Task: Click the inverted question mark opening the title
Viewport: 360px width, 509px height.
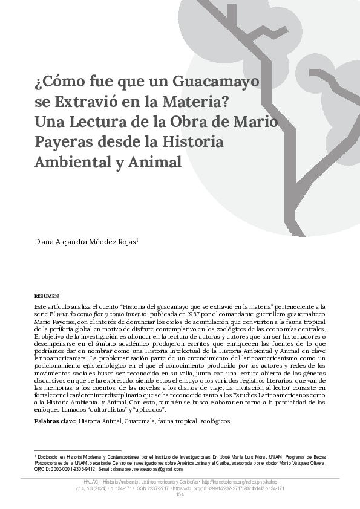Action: pos(39,81)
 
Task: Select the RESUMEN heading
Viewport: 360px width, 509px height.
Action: pos(47,296)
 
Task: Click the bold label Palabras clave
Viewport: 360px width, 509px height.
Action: pos(55,420)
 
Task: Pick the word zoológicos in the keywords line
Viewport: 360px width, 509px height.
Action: pos(212,420)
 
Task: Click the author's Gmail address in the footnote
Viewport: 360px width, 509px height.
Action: pos(148,469)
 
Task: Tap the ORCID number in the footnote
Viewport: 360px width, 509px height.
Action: pos(70,469)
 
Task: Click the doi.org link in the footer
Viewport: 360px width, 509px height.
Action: pos(238,488)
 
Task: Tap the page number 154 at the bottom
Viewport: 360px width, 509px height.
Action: pos(180,495)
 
